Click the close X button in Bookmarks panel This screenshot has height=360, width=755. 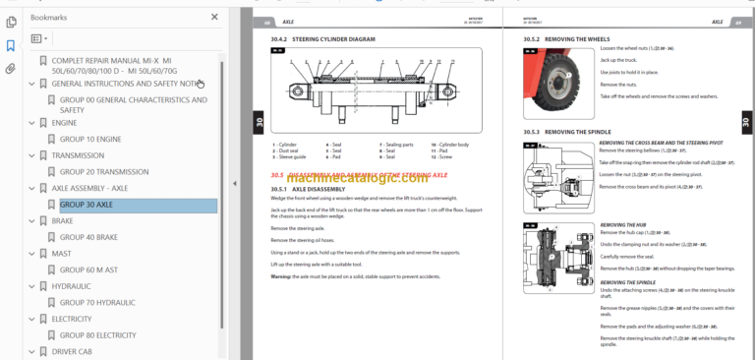click(x=215, y=18)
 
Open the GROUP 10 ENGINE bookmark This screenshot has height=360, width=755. click(x=90, y=140)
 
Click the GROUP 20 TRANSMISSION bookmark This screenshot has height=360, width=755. click(x=104, y=172)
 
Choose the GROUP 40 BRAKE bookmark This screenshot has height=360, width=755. click(x=88, y=237)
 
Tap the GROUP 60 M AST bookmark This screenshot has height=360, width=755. click(x=89, y=270)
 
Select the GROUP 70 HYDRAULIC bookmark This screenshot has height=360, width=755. click(x=99, y=302)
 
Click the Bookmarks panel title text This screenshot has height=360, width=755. click(x=50, y=18)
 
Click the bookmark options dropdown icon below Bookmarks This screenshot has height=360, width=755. click(x=39, y=39)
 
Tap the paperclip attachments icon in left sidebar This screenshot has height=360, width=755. click(x=11, y=69)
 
